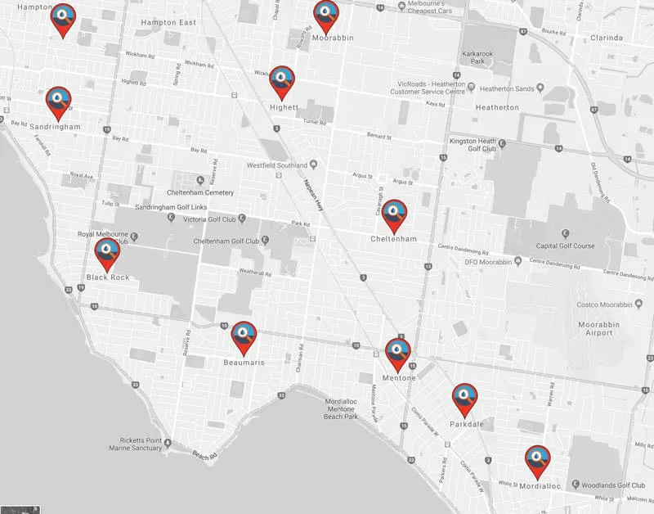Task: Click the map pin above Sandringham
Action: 57,101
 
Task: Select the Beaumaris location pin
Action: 244,336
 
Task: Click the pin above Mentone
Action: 398,353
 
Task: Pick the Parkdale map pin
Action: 465,399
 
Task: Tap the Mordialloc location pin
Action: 536,461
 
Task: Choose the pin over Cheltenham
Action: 394,214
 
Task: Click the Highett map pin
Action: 282,81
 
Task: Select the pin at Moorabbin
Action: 326,16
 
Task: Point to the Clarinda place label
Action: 606,38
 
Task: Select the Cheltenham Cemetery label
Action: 201,192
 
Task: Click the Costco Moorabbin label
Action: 598,304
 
